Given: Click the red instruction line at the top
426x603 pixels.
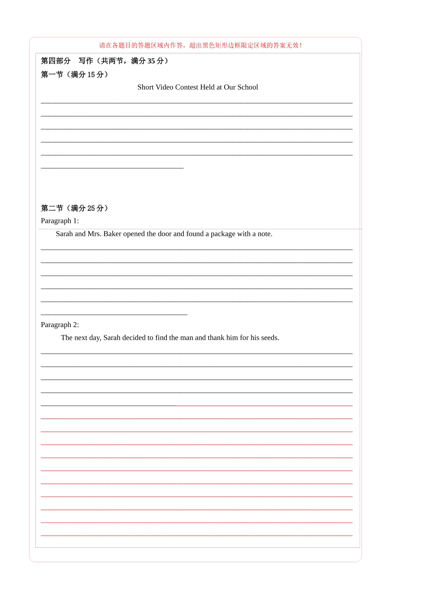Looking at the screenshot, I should [200, 45].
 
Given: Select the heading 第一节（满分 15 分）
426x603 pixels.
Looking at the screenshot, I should [74, 74].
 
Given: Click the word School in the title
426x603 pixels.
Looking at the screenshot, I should [248, 87].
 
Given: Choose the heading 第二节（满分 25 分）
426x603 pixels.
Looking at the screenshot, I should [74, 208].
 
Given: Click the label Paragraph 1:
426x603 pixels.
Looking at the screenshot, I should [60, 221].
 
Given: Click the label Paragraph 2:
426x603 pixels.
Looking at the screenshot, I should [60, 325].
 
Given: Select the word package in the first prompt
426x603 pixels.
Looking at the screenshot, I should [223, 234].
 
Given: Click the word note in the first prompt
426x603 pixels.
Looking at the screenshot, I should [264, 234].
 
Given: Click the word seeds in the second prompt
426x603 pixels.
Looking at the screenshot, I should [270, 338].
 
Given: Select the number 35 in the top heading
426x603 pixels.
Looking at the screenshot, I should [151, 61].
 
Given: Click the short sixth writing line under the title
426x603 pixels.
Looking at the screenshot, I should [112, 168].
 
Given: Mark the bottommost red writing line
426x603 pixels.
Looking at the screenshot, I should [196, 536].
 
